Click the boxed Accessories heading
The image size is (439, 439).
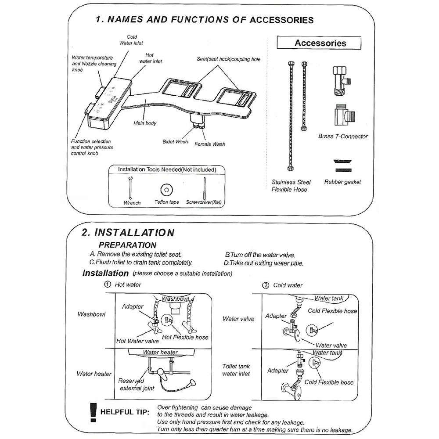(320, 43)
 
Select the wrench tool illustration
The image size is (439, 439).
(131, 187)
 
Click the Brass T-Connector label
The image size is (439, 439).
(343, 136)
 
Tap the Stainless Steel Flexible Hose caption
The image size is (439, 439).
(291, 186)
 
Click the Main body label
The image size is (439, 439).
(145, 123)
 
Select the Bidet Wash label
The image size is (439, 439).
(175, 142)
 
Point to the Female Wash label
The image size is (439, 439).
(209, 144)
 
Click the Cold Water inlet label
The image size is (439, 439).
(131, 40)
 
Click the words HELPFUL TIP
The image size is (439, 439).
(125, 412)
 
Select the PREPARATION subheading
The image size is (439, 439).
(127, 245)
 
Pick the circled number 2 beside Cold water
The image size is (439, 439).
(265, 285)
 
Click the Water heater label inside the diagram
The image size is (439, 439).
(160, 352)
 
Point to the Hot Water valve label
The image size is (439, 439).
(137, 341)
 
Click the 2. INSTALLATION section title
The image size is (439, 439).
(128, 232)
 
